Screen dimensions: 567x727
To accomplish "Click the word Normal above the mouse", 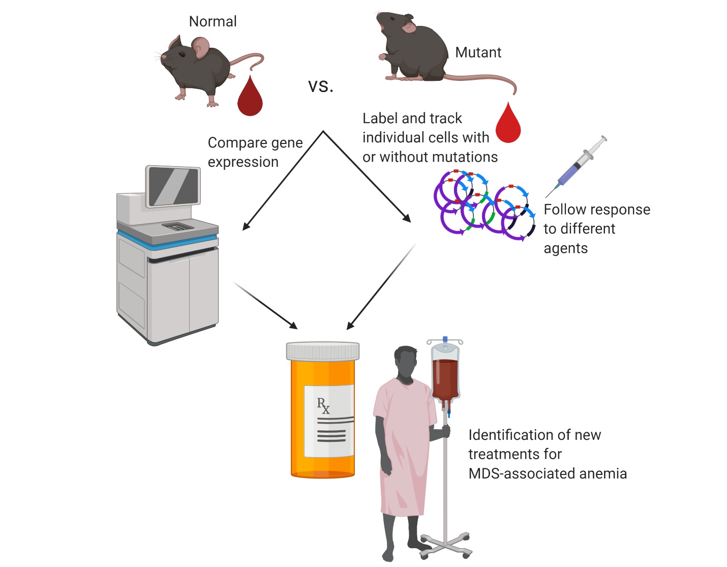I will (x=213, y=21).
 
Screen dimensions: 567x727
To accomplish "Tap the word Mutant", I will (x=478, y=52).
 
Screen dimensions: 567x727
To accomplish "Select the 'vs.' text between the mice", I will (x=320, y=86).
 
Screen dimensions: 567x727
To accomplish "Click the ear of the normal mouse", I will (x=201, y=47).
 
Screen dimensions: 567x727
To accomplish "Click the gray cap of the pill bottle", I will (x=323, y=351).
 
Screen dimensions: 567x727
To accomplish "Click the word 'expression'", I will (x=243, y=162).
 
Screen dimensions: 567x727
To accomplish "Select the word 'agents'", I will (x=565, y=249).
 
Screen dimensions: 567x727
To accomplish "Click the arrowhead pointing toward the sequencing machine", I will (x=246, y=226).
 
